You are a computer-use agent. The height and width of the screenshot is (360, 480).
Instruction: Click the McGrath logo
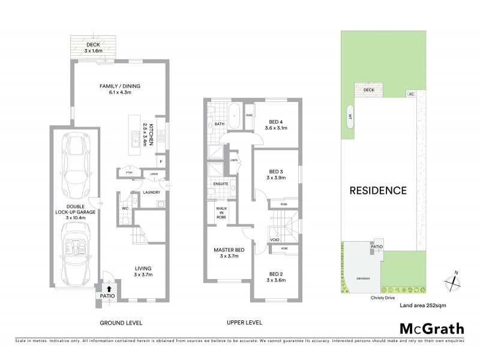click(431, 328)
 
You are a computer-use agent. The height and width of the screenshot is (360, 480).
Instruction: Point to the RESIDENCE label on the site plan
click(379, 191)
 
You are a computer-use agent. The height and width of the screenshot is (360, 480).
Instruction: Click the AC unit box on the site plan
click(411, 94)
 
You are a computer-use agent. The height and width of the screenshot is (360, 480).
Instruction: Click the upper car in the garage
click(76, 161)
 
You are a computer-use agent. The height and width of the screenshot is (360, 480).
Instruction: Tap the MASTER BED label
click(227, 253)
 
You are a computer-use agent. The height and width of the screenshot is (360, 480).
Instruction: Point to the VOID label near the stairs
click(275, 239)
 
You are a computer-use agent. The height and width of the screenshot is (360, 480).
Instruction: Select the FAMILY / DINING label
click(119, 89)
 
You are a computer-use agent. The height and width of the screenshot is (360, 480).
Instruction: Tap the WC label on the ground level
click(126, 208)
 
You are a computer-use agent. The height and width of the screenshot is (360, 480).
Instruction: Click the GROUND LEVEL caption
click(122, 323)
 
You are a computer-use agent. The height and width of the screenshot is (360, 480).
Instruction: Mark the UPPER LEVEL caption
click(244, 323)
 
